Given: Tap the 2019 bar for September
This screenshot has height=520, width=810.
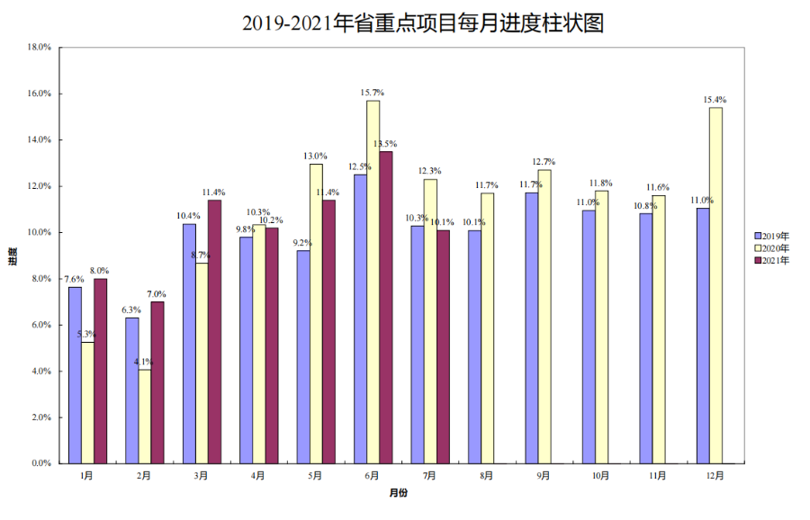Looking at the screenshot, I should click(532, 327).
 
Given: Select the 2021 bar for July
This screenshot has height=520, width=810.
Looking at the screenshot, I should click(443, 346).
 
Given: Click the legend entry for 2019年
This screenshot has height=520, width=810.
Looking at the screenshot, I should click(772, 236).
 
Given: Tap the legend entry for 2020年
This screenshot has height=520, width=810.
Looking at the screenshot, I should click(772, 247).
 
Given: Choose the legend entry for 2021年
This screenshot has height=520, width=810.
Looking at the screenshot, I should click(772, 260).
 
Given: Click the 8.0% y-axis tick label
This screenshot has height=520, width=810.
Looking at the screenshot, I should click(40, 279).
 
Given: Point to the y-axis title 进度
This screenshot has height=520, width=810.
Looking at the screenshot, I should click(13, 256).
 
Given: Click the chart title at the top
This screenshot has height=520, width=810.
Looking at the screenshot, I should click(404, 22).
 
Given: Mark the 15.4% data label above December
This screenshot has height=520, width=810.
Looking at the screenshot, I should click(715, 100).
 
